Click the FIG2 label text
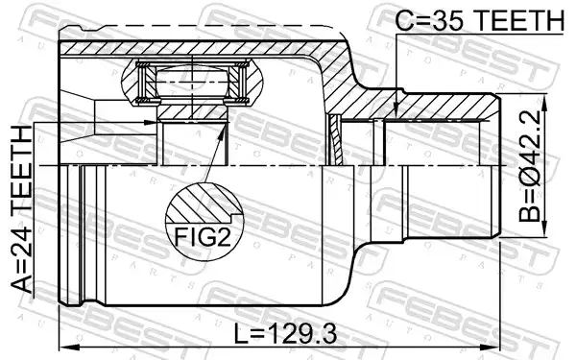203,237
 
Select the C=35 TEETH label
479,19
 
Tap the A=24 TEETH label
22,209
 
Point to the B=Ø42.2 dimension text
530,166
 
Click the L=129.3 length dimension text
285,334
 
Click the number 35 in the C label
444,19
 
